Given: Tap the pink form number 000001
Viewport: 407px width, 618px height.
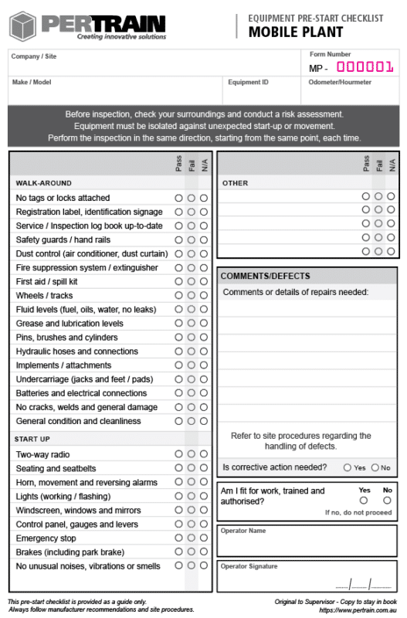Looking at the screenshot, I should coord(365,67).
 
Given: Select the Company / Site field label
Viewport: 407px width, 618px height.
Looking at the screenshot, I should coord(34,56).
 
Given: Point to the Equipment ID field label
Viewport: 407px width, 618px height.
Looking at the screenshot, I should coord(248,82).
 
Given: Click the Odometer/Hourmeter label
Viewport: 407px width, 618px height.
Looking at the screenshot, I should coord(340,82).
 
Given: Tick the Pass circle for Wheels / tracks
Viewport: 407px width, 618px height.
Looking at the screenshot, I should coord(178,296).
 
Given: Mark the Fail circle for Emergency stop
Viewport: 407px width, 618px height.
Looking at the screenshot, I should coord(191,538).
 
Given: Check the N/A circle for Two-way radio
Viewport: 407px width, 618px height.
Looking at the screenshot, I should coord(204,454).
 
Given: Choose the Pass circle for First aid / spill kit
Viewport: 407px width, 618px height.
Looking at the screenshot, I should coord(178,282).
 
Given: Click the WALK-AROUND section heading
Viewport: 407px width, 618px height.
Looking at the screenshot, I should coord(43,183).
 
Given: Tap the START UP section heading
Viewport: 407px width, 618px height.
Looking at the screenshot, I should coord(32,439).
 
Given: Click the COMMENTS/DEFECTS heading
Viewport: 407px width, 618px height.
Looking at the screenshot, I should coord(265,276).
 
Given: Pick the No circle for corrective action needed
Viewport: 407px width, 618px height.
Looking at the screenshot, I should coord(375,467).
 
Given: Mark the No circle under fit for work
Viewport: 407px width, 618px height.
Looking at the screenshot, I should coord(387,500).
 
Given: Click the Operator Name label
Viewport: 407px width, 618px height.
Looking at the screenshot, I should coord(243,531).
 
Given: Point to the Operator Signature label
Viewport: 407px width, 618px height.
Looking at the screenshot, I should coord(249,566).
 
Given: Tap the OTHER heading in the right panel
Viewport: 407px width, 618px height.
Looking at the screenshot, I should coord(235,183).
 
